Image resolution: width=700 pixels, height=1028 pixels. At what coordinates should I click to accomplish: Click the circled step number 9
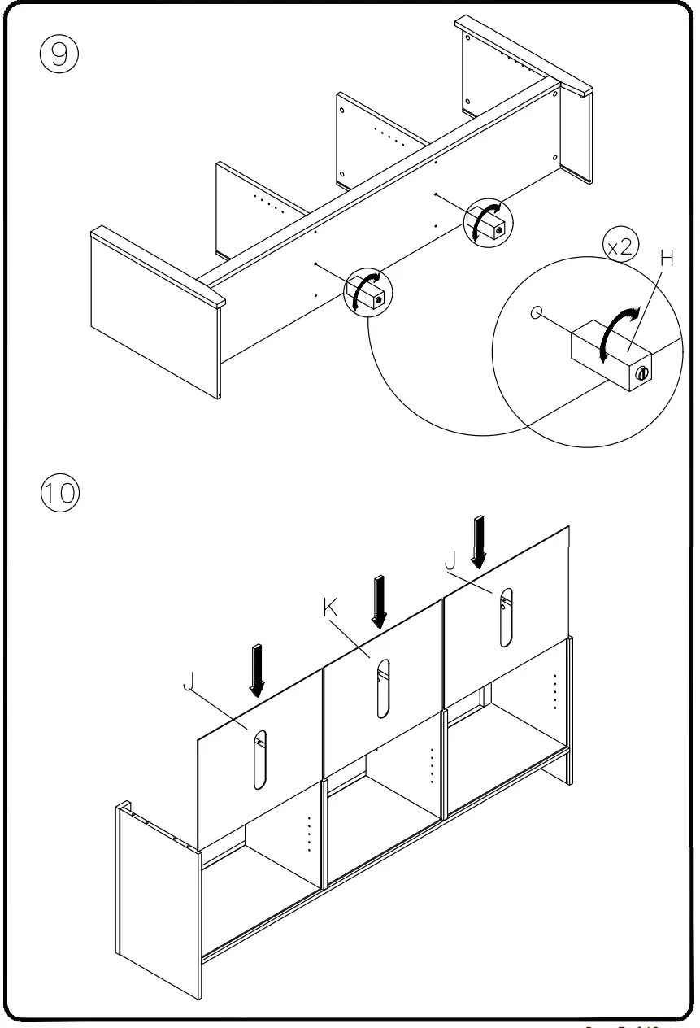pos(59,54)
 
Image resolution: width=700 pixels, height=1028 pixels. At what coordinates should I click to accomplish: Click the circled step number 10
pos(59,494)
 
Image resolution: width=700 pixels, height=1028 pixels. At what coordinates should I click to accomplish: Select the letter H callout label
pos(667,259)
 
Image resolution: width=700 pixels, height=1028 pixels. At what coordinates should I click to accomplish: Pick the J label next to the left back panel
pos(189,682)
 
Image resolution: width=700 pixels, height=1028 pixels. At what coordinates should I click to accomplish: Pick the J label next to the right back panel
pos(450,560)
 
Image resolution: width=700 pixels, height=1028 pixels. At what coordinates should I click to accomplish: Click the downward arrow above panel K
pos(378,601)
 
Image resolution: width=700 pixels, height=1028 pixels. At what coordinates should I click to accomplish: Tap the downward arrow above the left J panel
pos(257,670)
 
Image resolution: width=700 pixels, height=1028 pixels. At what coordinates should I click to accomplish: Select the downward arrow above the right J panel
pos(480,541)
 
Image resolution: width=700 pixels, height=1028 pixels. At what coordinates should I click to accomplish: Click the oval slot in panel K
pos(382,688)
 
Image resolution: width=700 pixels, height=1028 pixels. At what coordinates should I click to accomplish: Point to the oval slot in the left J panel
pos(259,760)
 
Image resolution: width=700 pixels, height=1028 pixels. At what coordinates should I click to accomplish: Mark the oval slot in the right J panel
pos(506,616)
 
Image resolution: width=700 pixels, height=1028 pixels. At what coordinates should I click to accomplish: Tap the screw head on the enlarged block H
pos(642,373)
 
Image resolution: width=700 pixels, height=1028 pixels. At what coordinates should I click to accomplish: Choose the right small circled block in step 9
pos(488,221)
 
